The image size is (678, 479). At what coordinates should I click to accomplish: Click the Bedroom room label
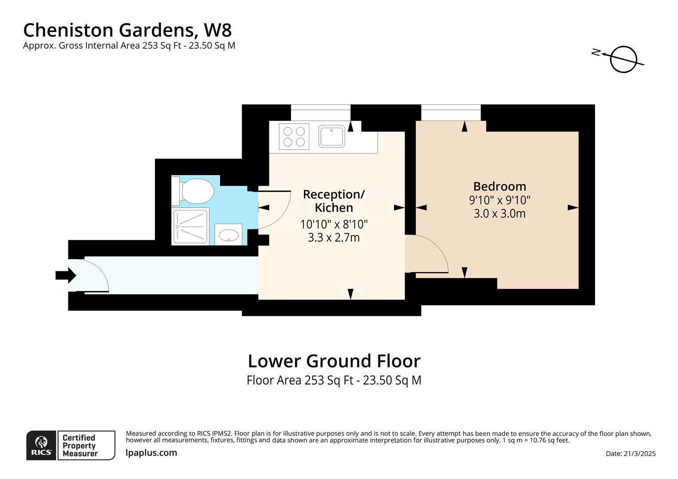(499, 186)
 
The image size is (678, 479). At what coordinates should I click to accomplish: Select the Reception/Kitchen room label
(334, 201)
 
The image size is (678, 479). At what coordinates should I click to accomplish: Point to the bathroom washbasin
(229, 234)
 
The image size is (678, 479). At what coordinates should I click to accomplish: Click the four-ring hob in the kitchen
(294, 137)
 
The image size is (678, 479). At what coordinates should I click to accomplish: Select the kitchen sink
(331, 137)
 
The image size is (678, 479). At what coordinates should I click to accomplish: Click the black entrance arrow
(66, 275)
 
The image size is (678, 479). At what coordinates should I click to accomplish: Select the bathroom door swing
(273, 210)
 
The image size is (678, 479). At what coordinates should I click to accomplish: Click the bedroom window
(450, 112)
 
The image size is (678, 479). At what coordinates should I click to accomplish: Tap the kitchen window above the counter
(320, 112)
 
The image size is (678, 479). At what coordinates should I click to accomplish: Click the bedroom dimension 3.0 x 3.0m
(499, 214)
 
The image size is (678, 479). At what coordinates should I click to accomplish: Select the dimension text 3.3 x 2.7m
(334, 238)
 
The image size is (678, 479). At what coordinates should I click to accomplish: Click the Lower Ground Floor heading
(334, 361)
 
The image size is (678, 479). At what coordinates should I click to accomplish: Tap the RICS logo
(41, 445)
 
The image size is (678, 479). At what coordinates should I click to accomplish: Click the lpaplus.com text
(151, 453)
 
